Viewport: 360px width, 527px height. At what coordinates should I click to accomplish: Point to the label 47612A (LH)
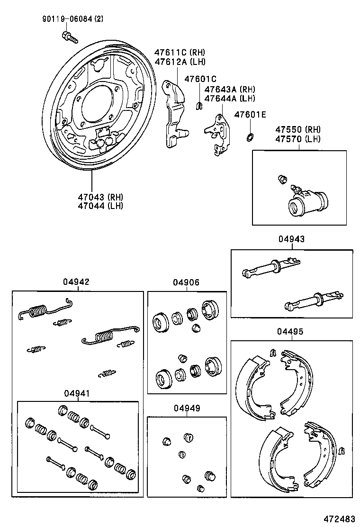180,61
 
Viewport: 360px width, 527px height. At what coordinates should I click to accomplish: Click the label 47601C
200,79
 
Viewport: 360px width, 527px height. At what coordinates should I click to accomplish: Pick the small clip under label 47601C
199,107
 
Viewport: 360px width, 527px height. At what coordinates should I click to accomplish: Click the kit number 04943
291,240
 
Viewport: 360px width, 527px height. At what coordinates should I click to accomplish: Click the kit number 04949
186,408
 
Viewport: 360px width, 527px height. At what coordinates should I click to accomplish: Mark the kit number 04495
291,331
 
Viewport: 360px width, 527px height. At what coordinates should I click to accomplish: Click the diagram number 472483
339,518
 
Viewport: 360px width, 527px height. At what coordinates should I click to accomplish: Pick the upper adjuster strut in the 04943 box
270,267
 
